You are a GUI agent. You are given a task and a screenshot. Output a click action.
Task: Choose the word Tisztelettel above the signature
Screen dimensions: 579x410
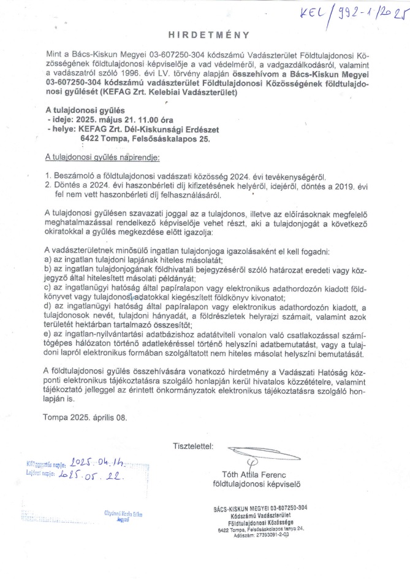(193, 444)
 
